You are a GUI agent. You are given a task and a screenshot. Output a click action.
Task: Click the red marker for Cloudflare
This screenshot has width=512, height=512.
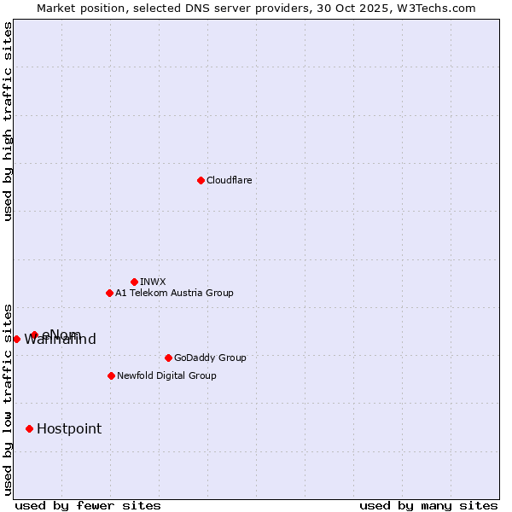pyautogui.click(x=201, y=180)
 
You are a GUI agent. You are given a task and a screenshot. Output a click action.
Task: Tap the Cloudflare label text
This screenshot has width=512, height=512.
pyautogui.click(x=229, y=180)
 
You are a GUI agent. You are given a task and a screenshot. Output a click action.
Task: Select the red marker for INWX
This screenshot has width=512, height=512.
pyautogui.click(x=135, y=282)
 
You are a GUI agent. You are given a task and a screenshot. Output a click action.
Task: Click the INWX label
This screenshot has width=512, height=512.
pyautogui.click(x=153, y=282)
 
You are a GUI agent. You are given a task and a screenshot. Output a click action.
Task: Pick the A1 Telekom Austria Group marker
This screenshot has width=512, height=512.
pyautogui.click(x=109, y=293)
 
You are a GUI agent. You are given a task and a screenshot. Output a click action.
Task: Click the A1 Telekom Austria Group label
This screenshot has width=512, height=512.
pyautogui.click(x=174, y=293)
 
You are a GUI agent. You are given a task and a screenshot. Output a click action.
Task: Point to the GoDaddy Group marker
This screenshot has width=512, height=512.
pyautogui.click(x=168, y=358)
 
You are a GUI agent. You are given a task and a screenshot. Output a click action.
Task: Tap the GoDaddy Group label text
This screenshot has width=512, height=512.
pyautogui.click(x=209, y=358)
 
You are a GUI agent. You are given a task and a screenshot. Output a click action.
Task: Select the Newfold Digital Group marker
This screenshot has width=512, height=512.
pyautogui.click(x=111, y=375)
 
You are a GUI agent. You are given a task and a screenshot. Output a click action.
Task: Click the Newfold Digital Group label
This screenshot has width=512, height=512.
pyautogui.click(x=166, y=375)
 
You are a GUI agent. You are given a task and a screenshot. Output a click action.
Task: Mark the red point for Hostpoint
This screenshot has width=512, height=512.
pyautogui.click(x=29, y=428)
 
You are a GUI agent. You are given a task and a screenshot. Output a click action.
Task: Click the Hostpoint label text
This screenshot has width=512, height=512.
pyautogui.click(x=68, y=428)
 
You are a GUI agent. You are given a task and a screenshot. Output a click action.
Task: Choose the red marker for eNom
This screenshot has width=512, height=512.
pyautogui.click(x=34, y=335)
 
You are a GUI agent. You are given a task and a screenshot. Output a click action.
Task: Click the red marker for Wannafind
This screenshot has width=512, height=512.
pyautogui.click(x=16, y=339)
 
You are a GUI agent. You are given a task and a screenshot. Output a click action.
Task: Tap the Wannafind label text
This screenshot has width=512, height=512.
pyautogui.click(x=60, y=340)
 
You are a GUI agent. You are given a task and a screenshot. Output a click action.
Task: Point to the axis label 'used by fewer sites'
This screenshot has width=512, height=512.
pyautogui.click(x=88, y=505)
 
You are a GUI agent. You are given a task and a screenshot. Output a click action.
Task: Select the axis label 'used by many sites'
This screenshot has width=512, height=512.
pyautogui.click(x=428, y=505)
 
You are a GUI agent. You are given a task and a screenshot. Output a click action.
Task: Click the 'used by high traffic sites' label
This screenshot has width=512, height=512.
pyautogui.click(x=8, y=121)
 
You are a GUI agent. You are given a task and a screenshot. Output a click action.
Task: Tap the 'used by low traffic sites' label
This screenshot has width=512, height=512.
pyautogui.click(x=8, y=399)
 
